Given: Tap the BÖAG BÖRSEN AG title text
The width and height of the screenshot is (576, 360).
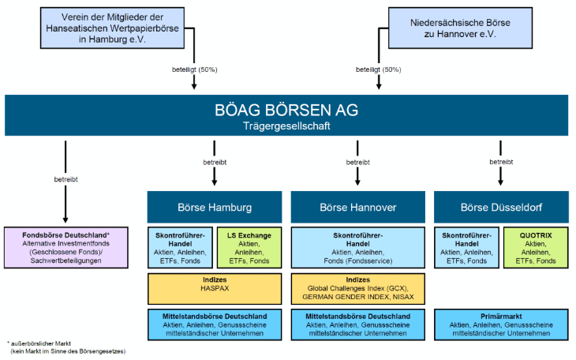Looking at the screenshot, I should [x=287, y=110].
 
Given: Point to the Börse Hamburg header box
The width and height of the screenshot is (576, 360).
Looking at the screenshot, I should [x=214, y=207].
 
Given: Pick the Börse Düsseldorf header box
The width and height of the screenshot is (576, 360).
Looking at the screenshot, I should [x=501, y=207].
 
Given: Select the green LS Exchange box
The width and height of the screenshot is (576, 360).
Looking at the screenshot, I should [x=249, y=247].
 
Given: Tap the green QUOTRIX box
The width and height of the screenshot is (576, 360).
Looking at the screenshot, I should [x=536, y=247].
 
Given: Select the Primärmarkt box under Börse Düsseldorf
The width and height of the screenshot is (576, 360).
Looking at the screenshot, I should [x=501, y=324].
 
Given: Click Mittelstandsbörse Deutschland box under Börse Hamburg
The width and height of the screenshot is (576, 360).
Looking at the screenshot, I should [x=214, y=324].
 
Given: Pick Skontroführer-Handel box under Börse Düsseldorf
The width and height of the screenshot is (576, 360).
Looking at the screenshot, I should [x=466, y=247].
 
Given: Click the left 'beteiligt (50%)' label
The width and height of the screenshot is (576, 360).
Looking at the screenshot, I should [x=193, y=69].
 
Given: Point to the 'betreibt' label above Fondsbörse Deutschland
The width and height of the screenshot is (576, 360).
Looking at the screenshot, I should [x=65, y=179].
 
